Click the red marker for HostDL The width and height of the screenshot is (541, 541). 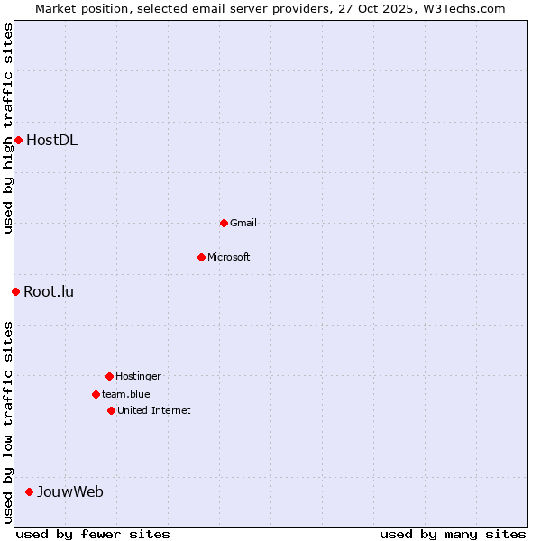(x=18, y=140)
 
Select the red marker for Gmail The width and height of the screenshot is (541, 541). (x=224, y=223)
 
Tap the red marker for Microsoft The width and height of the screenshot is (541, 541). (x=201, y=257)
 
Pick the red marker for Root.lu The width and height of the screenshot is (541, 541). (x=15, y=291)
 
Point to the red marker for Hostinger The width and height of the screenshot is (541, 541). (x=109, y=376)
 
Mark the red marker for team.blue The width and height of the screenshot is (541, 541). (x=96, y=394)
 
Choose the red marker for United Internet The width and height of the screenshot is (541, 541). (x=111, y=410)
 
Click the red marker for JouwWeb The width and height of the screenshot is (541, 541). (x=29, y=491)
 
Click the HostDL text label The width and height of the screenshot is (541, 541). (x=51, y=140)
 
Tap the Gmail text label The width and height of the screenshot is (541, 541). (x=243, y=223)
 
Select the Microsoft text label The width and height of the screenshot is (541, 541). (x=229, y=257)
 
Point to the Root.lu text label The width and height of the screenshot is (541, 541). (x=49, y=291)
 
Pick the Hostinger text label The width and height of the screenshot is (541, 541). (x=138, y=376)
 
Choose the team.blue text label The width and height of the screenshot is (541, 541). (x=126, y=394)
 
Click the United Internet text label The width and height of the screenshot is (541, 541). (x=154, y=410)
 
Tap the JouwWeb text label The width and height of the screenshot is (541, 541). (x=69, y=491)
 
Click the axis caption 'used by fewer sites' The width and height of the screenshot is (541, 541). (x=93, y=534)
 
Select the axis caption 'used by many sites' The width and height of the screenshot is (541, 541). (x=453, y=534)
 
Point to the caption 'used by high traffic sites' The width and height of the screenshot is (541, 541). (x=8, y=128)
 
